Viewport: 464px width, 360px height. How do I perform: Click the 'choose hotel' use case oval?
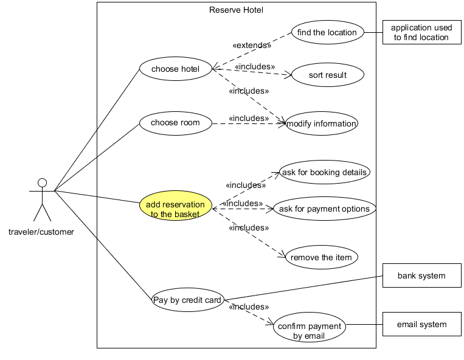(175, 69)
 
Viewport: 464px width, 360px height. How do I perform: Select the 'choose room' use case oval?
(175, 123)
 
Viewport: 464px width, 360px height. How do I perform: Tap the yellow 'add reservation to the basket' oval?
(175, 209)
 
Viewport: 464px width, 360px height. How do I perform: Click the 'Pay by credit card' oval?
(188, 300)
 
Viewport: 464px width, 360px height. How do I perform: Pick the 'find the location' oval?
(327, 32)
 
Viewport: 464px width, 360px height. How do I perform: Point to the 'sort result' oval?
(327, 75)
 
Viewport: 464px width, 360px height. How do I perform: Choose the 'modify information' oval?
(321, 123)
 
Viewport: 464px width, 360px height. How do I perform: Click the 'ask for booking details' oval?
(324, 172)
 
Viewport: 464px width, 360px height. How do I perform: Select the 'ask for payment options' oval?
(324, 209)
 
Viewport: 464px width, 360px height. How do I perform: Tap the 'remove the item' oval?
(321, 257)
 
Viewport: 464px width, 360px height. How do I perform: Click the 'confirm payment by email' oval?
(309, 330)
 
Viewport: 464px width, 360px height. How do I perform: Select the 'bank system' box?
(421, 275)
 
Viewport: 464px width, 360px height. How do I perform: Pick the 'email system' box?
(421, 324)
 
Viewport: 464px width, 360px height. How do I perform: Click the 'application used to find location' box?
(421, 32)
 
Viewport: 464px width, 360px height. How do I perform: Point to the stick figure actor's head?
(42, 182)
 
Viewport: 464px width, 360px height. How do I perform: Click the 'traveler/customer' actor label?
(41, 232)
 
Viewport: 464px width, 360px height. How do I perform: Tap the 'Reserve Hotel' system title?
(236, 10)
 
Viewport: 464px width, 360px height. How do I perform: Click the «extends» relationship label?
(252, 45)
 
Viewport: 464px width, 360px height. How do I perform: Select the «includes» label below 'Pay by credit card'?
(249, 307)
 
